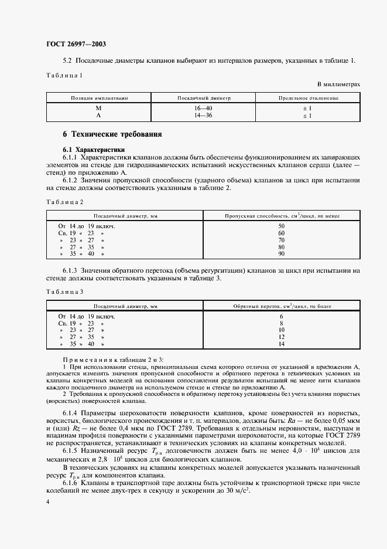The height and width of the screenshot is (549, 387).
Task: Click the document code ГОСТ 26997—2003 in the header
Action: tap(76, 44)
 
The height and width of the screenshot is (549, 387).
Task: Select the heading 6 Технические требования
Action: tap(112, 134)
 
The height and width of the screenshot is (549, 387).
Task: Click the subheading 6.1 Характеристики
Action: tap(93, 150)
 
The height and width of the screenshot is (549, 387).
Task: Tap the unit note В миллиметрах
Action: tap(339, 84)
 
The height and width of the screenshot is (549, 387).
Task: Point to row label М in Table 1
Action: tap(98, 109)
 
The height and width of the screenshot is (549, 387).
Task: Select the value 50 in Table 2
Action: tap(281, 226)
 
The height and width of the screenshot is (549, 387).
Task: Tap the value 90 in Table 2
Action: tap(281, 254)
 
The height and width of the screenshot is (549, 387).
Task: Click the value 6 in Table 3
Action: tap(281, 316)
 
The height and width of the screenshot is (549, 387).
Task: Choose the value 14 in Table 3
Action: tap(281, 344)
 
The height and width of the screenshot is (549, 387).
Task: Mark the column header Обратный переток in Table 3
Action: tap(282, 306)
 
